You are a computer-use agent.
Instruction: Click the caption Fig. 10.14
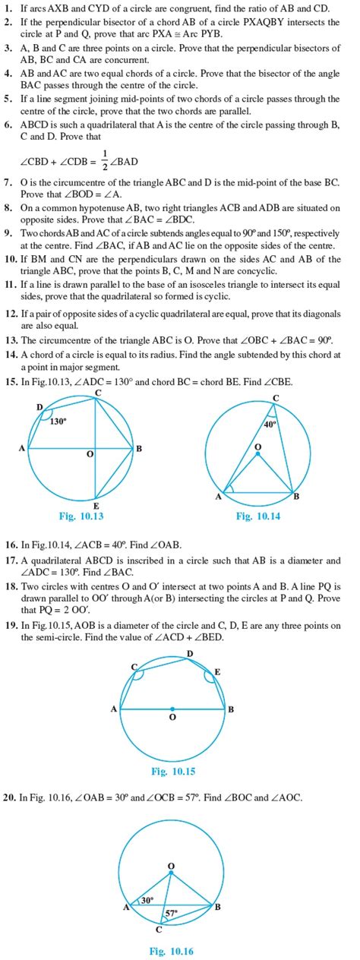[258, 517]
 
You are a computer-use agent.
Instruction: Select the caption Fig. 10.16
[172, 950]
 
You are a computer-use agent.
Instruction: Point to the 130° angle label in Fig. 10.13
[58, 422]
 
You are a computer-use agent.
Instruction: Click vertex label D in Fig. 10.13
[39, 408]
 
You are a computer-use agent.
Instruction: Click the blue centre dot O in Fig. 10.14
[258, 454]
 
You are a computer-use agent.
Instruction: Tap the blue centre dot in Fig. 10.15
[172, 709]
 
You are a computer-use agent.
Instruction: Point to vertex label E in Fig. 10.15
[216, 671]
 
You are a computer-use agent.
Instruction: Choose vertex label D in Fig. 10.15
[189, 653]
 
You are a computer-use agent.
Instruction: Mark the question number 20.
[10, 797]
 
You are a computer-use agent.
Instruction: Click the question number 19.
[10, 625]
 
